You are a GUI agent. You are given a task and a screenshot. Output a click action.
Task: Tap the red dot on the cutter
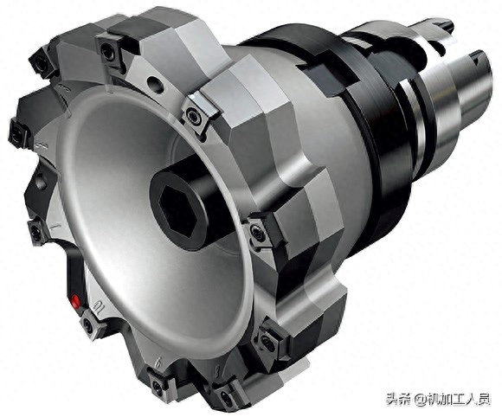pyautogui.click(x=75, y=301)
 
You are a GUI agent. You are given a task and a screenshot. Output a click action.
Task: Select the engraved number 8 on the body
pyautogui.click(x=217, y=372)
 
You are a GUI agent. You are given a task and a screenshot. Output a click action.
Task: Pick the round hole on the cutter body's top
pyautogui.click(x=156, y=84)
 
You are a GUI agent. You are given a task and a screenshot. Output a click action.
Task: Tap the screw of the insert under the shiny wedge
pyautogui.click(x=193, y=114)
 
